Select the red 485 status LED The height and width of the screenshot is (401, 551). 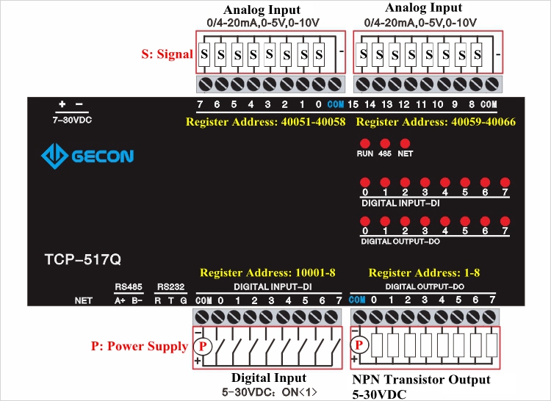[383, 143]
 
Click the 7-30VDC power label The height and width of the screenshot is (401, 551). [71, 118]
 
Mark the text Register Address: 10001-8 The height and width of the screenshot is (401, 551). [267, 272]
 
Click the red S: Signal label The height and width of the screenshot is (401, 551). [167, 54]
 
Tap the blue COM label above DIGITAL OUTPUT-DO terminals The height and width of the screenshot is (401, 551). [357, 300]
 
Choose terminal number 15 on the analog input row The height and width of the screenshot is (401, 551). [353, 104]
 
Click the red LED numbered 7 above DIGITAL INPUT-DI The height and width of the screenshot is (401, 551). [505, 181]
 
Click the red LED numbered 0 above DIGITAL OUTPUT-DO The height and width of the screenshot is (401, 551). [364, 220]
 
